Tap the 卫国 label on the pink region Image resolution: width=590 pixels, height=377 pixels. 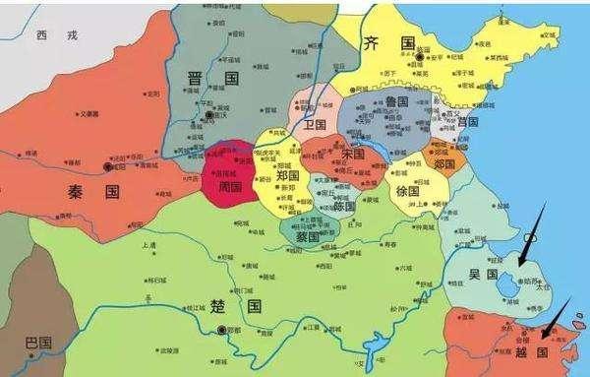tap(315, 125)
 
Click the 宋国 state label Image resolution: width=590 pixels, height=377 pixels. tap(351, 156)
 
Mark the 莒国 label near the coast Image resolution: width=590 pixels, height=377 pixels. tap(466, 122)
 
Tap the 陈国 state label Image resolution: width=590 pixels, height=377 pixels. tap(344, 206)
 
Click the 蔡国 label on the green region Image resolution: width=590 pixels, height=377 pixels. tap(308, 237)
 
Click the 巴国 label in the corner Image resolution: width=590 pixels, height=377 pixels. tap(38, 343)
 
